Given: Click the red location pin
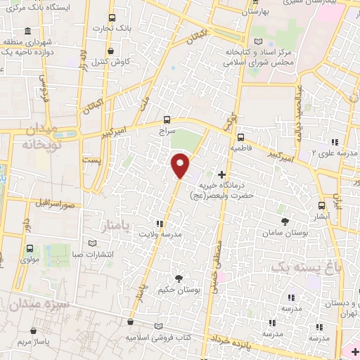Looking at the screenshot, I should point(181,165).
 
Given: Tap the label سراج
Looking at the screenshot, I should point(166,131).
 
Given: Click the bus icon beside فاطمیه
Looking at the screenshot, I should point(240,137).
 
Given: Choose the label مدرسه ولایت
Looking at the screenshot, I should point(160,233).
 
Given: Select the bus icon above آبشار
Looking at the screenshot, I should point(322,205).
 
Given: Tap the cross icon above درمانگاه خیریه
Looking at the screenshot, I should point(223,174).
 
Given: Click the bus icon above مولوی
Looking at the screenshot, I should point(30,248).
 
